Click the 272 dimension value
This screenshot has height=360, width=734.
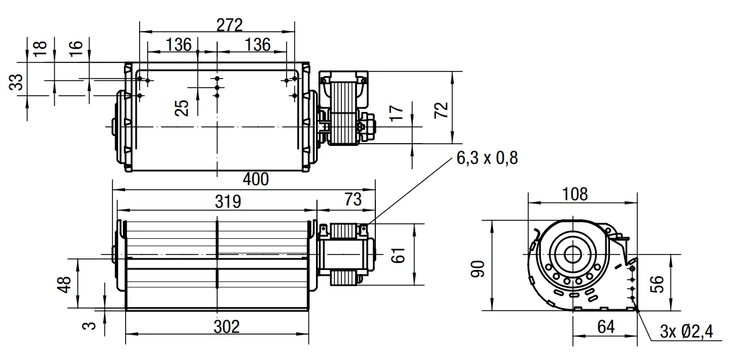(229, 25)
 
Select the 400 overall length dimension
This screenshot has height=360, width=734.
(255, 179)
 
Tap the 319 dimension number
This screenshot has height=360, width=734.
(228, 201)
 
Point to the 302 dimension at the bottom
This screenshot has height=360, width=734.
(227, 327)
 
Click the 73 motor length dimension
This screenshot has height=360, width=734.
(353, 200)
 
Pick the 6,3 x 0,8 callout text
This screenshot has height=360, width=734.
(487, 158)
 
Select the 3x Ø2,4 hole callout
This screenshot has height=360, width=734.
(687, 332)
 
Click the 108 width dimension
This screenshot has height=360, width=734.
(575, 194)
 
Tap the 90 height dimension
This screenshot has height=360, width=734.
(478, 269)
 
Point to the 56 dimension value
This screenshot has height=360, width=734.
(657, 284)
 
